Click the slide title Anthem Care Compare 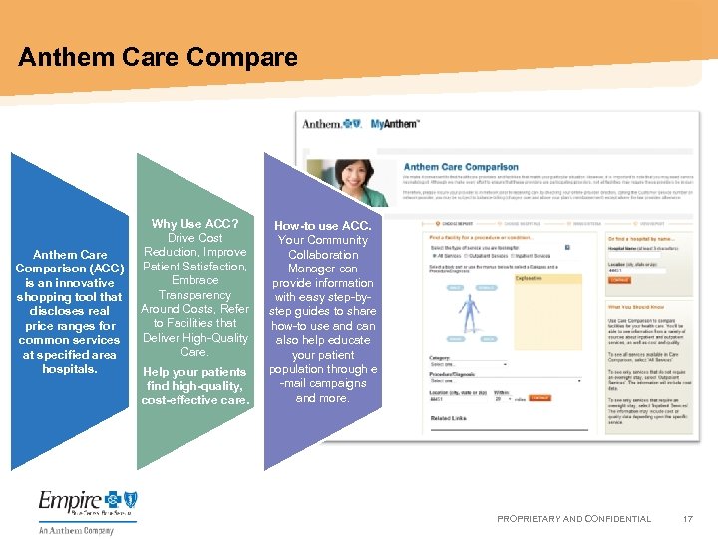coord(158,57)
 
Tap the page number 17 coord(687,519)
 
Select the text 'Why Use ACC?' coord(194,224)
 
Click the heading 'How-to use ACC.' coord(322,226)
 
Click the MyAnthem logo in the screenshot coord(395,123)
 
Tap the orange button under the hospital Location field coord(619,281)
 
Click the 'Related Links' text coord(448,418)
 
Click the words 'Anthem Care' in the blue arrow coord(70,255)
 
